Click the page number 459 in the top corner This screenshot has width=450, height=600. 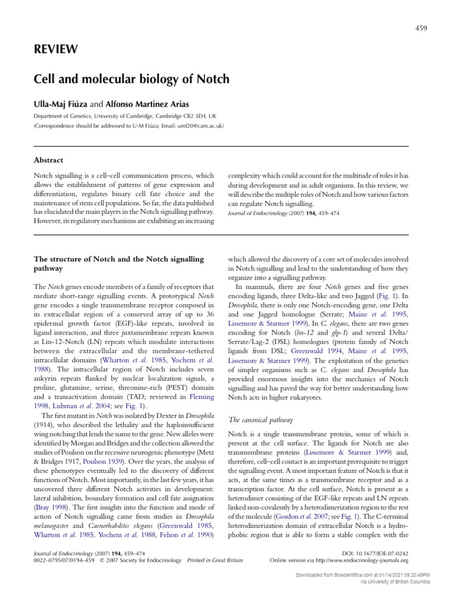tap(421, 28)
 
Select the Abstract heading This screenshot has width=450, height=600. tap(48, 160)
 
